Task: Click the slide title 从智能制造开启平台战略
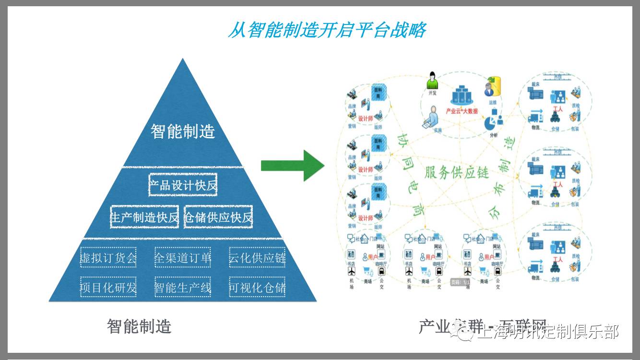(326, 30)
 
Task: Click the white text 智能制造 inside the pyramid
(183, 131)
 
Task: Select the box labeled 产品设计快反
(183, 185)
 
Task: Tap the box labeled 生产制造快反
(144, 217)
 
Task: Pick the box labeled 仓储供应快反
(218, 217)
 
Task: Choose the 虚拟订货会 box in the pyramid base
(108, 258)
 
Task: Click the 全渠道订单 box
(183, 258)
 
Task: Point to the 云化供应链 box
(257, 258)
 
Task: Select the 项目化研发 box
(108, 287)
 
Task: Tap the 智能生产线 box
(183, 287)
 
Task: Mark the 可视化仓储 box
(257, 287)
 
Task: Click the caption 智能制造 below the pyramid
(139, 327)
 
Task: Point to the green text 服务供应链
(456, 172)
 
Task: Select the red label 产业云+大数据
(462, 111)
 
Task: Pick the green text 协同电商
(408, 175)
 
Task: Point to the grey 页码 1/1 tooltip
(460, 282)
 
